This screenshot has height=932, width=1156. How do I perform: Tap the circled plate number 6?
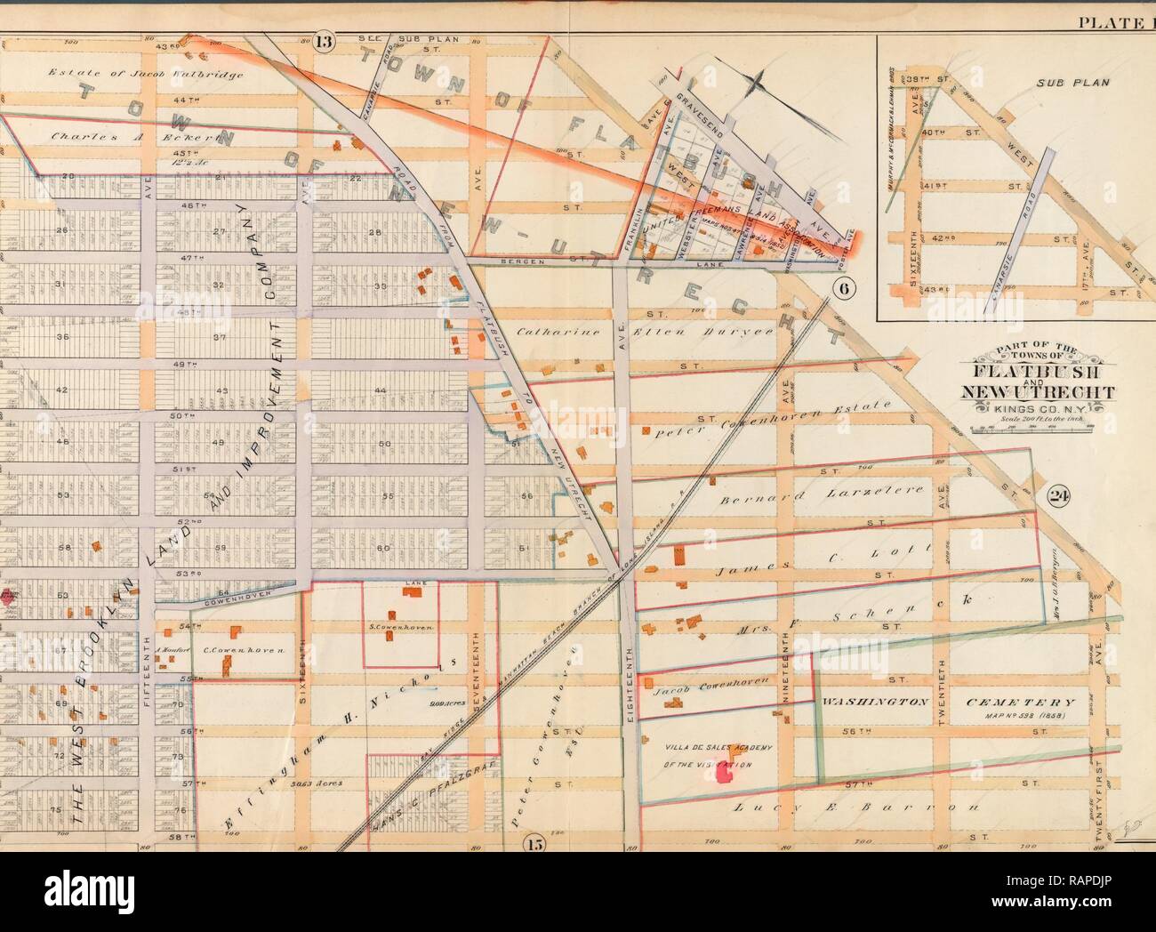844,287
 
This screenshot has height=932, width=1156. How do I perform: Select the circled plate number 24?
1057,496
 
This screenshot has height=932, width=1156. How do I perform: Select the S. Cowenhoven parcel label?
400,628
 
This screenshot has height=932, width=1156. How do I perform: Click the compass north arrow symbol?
758,84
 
